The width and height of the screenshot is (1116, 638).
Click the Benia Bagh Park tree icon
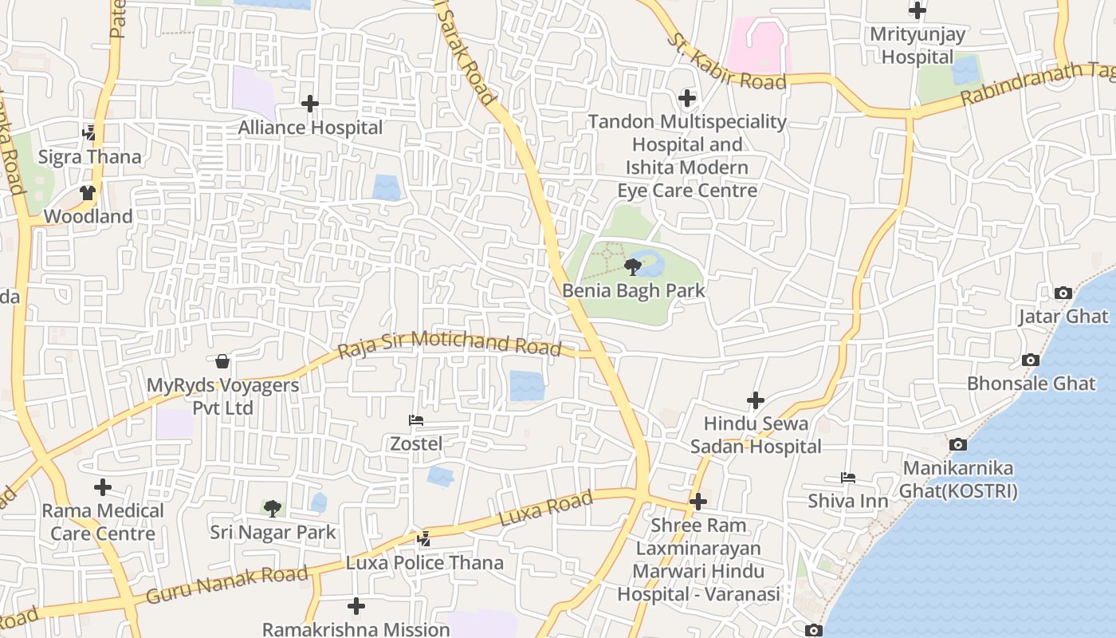[x=633, y=266]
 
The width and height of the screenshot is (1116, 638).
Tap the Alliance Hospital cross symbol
[x=310, y=104]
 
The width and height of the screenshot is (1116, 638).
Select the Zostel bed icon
[x=415, y=420]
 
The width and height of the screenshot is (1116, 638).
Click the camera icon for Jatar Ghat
[x=1063, y=293]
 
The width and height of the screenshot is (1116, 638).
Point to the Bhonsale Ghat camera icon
[x=1031, y=360]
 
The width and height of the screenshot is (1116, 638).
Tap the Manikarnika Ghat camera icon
[x=958, y=444]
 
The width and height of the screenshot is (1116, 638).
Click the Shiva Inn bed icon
[x=848, y=478]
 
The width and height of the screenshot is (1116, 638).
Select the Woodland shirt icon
[x=88, y=193]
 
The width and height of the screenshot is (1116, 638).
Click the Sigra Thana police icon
[x=89, y=133]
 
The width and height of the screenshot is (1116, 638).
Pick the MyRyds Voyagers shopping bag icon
[x=222, y=362]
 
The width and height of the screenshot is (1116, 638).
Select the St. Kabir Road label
[x=726, y=62]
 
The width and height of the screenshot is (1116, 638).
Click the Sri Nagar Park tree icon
[x=273, y=508]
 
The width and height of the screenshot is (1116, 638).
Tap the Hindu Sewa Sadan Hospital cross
[x=755, y=400]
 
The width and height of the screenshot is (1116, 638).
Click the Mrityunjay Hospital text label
[x=917, y=45]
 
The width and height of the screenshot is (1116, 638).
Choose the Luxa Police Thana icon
[x=424, y=539]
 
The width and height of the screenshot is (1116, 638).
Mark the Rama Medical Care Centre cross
[x=103, y=487]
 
